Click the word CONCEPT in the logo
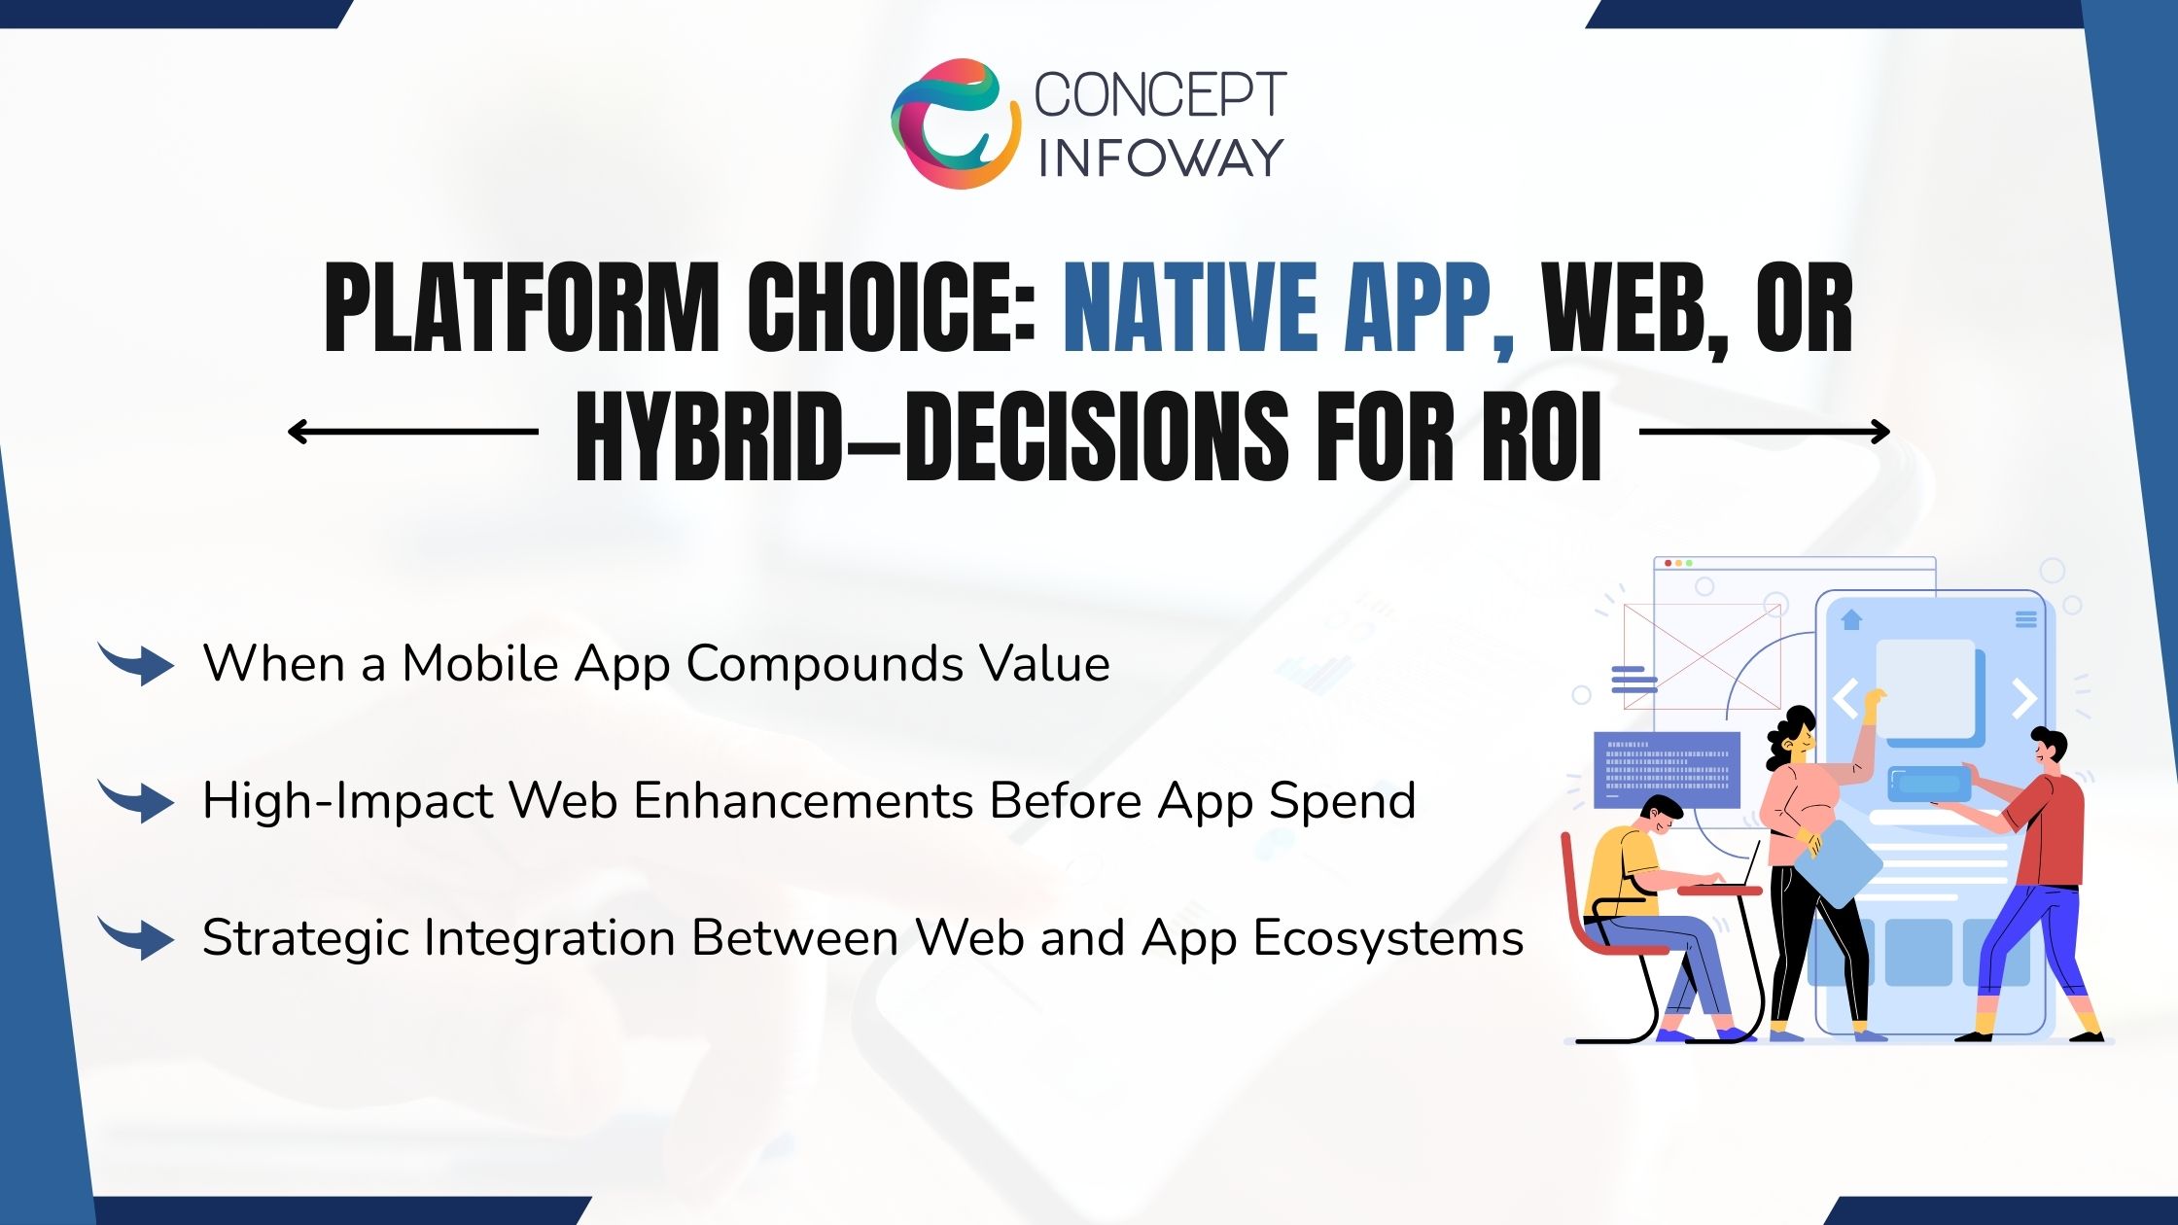pyautogui.click(x=1159, y=95)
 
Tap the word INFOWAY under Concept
pyautogui.click(x=1159, y=158)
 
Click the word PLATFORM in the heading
pyautogui.click(x=520, y=309)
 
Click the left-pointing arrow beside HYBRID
pyautogui.click(x=412, y=432)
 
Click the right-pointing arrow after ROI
pyautogui.click(x=1764, y=432)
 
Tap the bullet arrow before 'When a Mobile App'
pyautogui.click(x=137, y=664)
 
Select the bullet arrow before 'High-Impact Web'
pyautogui.click(x=137, y=801)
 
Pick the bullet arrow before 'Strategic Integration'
pyautogui.click(x=137, y=938)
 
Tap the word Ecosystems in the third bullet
pyautogui.click(x=1388, y=939)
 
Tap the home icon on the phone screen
pyautogui.click(x=1851, y=619)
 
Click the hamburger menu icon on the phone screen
pyautogui.click(x=2025, y=619)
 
